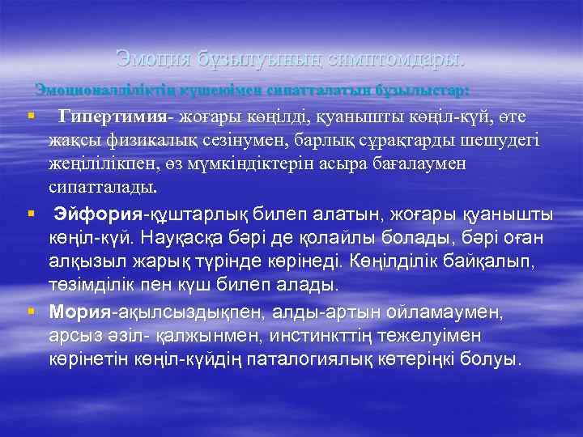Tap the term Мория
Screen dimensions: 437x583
80,311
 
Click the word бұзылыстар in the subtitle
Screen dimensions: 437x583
422,87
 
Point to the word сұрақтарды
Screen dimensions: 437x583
384,140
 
